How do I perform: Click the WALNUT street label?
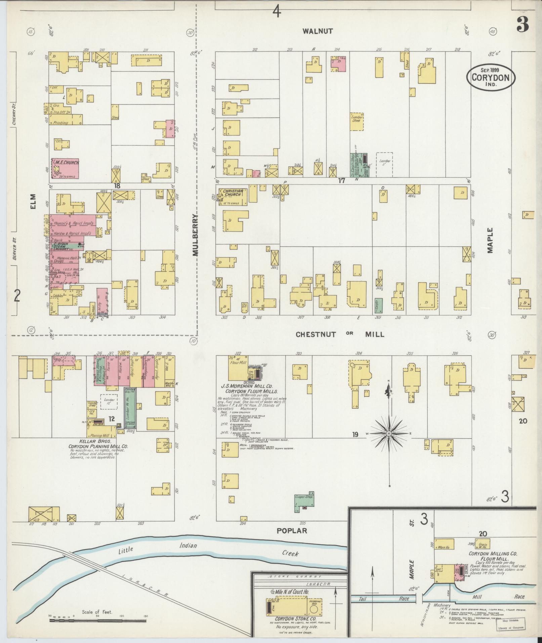(x=318, y=31)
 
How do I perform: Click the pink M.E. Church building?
(x=65, y=168)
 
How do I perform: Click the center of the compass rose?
(x=389, y=434)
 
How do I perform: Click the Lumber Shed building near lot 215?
(x=357, y=121)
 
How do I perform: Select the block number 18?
(x=117, y=185)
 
